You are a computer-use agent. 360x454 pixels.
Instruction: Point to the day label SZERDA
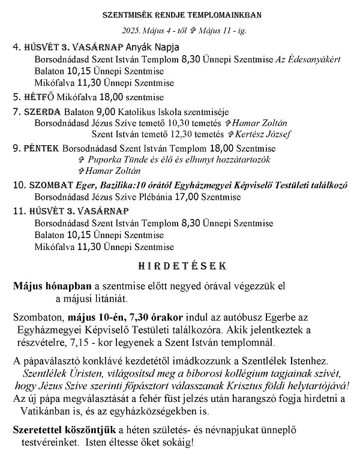(43, 111)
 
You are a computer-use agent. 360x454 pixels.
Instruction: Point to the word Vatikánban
(47, 413)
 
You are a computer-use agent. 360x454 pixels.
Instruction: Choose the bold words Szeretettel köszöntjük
(65, 431)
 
